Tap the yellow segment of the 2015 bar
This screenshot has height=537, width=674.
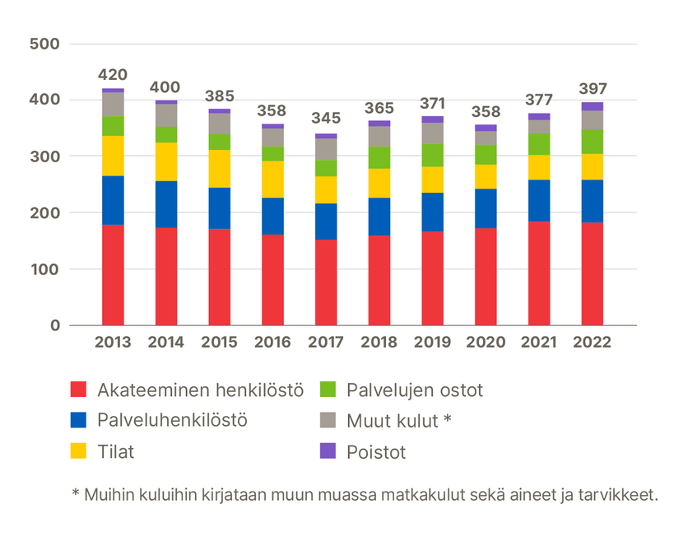coord(220,169)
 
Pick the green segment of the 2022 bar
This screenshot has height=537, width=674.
coord(592,142)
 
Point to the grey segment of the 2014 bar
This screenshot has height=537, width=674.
coord(166,115)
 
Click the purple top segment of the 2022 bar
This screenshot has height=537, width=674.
coord(592,106)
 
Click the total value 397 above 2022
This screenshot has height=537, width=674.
coord(592,89)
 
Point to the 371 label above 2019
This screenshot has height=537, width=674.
coord(432,104)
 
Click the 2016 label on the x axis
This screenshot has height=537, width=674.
coord(272,343)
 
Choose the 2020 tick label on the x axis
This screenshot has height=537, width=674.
coord(486,343)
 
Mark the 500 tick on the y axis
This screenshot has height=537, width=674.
coord(44,44)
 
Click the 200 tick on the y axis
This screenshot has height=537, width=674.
coord(44,212)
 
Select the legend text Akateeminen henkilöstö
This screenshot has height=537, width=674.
coord(201,389)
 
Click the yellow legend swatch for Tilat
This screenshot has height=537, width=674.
coord(78,451)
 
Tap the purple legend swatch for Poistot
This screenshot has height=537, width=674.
coord(328,451)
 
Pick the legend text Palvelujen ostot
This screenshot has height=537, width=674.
coord(414,389)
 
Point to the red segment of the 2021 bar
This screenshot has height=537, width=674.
coord(538,273)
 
